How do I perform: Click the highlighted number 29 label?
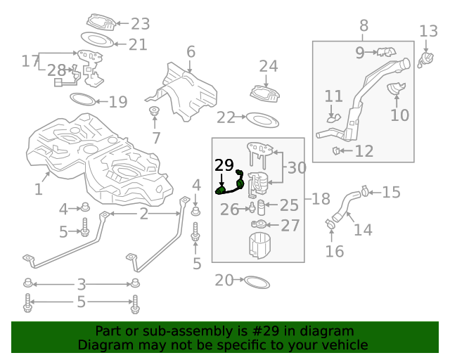tap(224, 165)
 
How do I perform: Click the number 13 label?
tap(428, 31)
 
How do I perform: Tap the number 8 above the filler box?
tap(364, 26)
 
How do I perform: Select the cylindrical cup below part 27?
tap(259, 247)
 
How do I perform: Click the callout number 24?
tap(269, 66)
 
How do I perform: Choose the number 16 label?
tap(335, 251)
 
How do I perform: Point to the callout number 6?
tap(191, 51)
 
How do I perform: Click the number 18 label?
tap(321, 199)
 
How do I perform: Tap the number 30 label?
tap(297, 168)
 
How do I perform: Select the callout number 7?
tap(156, 139)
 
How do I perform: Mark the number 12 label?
tap(364, 150)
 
